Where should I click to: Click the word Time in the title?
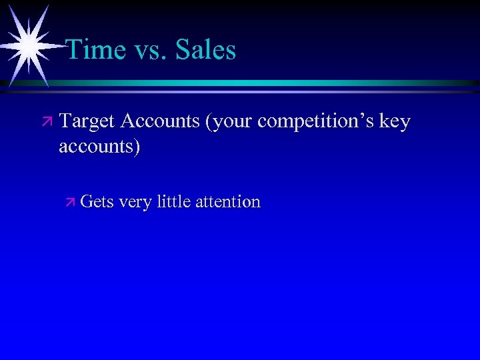pyautogui.click(x=97, y=50)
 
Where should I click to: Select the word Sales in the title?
pyautogui.click(x=206, y=50)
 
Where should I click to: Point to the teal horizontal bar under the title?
pyautogui.click(x=267, y=83)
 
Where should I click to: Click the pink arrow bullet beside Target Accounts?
pyautogui.click(x=46, y=123)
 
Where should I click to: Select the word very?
pyautogui.click(x=135, y=202)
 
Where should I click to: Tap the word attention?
pyautogui.click(x=228, y=201)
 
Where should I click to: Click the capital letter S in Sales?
pyautogui.click(x=183, y=50)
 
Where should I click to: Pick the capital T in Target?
pyautogui.click(x=65, y=122)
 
